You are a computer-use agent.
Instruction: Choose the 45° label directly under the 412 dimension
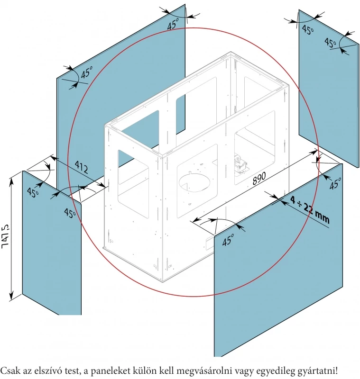[70, 213]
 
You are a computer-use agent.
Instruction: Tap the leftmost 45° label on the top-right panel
[308, 30]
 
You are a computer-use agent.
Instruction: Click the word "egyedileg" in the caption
[273, 370]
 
